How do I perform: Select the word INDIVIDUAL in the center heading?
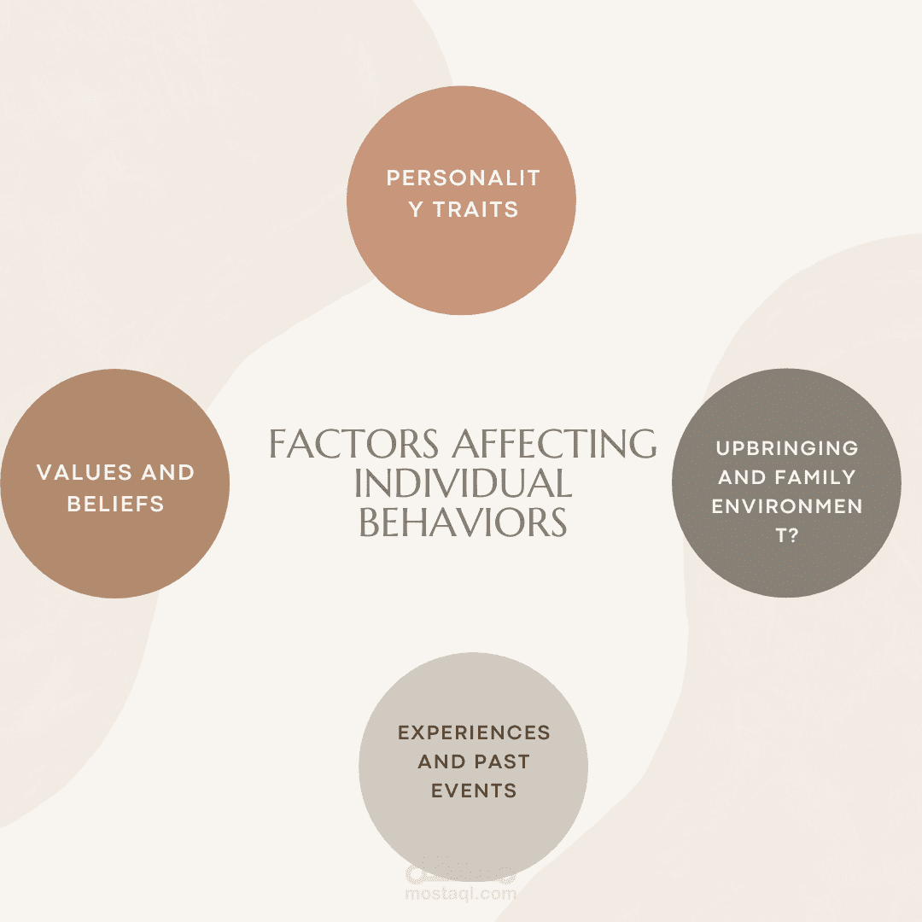pyautogui.click(x=463, y=483)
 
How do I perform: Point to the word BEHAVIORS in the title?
pyautogui.click(x=463, y=522)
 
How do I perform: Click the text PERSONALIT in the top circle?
pyautogui.click(x=463, y=178)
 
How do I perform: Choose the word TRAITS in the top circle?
pyautogui.click(x=476, y=209)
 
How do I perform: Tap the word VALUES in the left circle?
pyautogui.click(x=84, y=472)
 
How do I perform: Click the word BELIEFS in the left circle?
pyautogui.click(x=115, y=504)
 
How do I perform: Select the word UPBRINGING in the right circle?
pyautogui.click(x=787, y=448)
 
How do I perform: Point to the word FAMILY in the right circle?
pyautogui.click(x=815, y=477)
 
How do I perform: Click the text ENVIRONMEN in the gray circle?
pyautogui.click(x=787, y=506)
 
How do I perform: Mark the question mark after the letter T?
pyautogui.click(x=792, y=535)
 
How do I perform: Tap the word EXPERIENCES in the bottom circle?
pyautogui.click(x=474, y=732)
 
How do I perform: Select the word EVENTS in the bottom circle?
pyautogui.click(x=474, y=791)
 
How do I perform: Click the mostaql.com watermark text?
pyautogui.click(x=460, y=894)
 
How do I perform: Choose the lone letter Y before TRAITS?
pyautogui.click(x=415, y=209)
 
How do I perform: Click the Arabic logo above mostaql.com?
pyautogui.click(x=460, y=872)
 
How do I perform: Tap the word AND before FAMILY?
pyautogui.click(x=742, y=477)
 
